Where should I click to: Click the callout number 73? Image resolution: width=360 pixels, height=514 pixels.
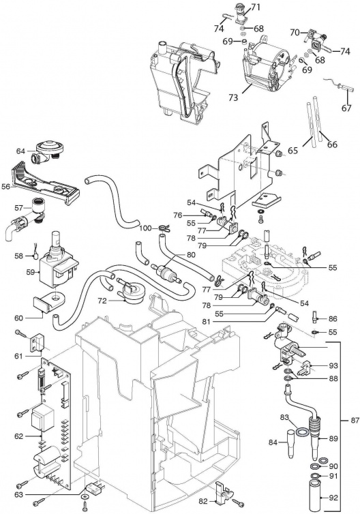coord(233,97)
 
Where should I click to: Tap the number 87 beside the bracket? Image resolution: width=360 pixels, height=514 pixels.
coord(355,420)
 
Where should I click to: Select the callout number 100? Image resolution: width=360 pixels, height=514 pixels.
coord(146,228)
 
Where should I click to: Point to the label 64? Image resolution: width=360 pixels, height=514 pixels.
coord(20,151)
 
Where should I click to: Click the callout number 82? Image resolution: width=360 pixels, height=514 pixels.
coord(203,502)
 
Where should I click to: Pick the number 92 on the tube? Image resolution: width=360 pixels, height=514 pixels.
coord(333,498)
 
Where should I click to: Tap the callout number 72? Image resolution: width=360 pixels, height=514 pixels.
coord(102,300)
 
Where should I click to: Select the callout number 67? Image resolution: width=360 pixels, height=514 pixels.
coord(346,108)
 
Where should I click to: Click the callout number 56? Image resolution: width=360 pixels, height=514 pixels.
coord(6,187)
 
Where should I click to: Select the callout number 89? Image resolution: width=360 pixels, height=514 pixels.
coord(333,438)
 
